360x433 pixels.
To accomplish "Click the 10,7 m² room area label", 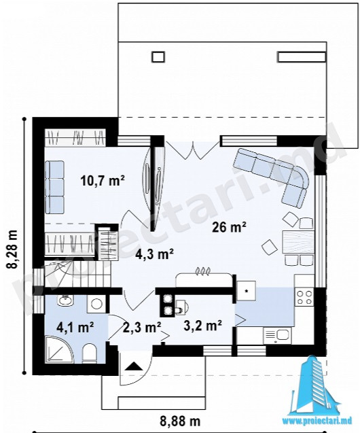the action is click(103, 181).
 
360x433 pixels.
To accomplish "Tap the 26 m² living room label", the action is click(229, 228).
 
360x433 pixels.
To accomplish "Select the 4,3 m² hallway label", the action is click(154, 254).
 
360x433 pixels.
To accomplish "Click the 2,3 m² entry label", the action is click(141, 328).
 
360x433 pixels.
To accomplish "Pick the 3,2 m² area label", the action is click(203, 326).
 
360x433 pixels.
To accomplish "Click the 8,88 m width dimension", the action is click(179, 421).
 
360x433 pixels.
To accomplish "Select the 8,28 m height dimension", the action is click(12, 245).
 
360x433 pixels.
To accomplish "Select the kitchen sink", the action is click(277, 336).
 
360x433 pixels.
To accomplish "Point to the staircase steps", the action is click(77, 275).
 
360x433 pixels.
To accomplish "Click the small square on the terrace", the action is click(158, 57).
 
